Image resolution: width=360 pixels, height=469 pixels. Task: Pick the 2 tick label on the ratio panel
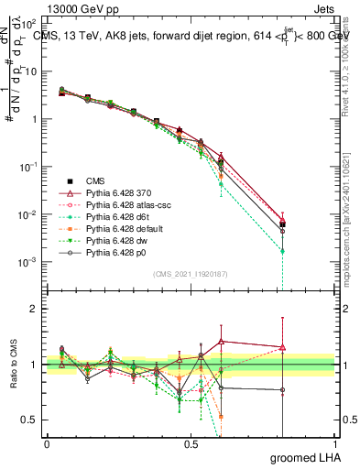[32, 309]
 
